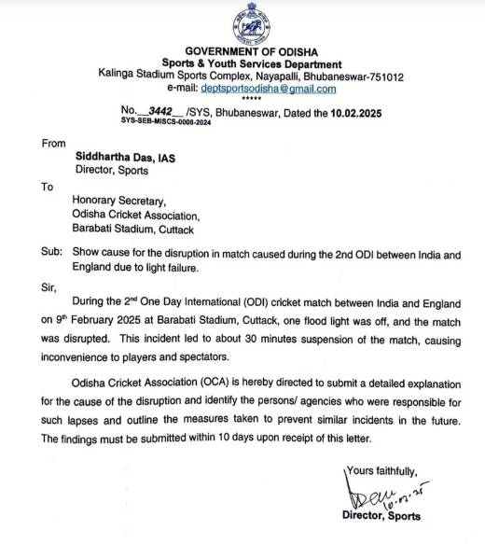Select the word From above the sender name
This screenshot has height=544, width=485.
(x=55, y=144)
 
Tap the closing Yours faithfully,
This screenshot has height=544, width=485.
(x=382, y=470)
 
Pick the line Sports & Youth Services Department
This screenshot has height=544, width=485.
(x=249, y=62)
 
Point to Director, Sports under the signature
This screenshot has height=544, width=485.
(x=381, y=515)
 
